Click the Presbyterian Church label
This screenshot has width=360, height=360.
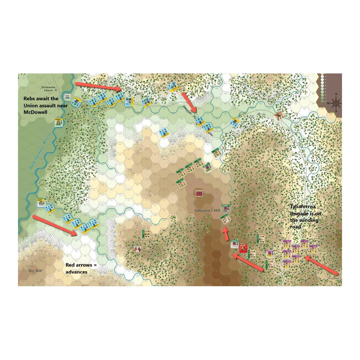pyautogui.click(x=49, y=89)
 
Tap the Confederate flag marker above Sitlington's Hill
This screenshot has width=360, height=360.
pyautogui.click(x=198, y=193)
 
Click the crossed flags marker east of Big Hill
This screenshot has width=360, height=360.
pyautogui.click(x=137, y=249)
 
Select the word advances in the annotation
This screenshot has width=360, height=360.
pyautogui.click(x=77, y=272)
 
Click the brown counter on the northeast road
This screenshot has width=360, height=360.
pyautogui.click(x=279, y=115)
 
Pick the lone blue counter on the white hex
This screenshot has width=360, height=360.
pyautogui.click(x=164, y=132)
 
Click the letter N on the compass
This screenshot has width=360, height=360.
pyautogui.click(x=336, y=95)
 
